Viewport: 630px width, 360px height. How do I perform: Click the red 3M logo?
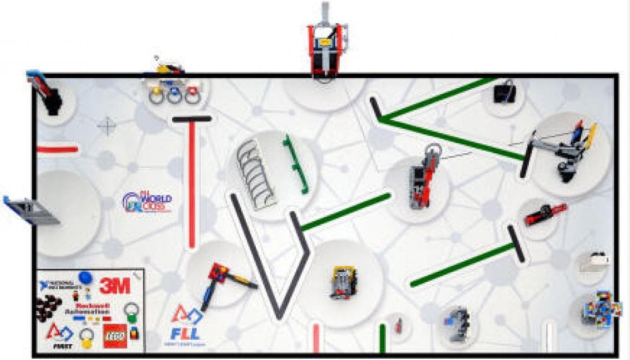[115, 286]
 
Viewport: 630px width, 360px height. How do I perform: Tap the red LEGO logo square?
[115, 335]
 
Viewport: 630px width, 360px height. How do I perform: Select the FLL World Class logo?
[147, 202]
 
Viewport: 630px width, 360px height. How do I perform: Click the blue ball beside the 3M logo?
[86, 277]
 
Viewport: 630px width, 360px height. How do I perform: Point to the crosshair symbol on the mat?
[107, 126]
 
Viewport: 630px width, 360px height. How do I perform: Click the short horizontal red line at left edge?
[57, 149]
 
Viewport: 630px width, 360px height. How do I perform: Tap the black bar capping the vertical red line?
[192, 119]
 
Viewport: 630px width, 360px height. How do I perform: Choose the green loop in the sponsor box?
[131, 310]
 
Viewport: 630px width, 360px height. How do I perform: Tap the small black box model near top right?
[505, 94]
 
